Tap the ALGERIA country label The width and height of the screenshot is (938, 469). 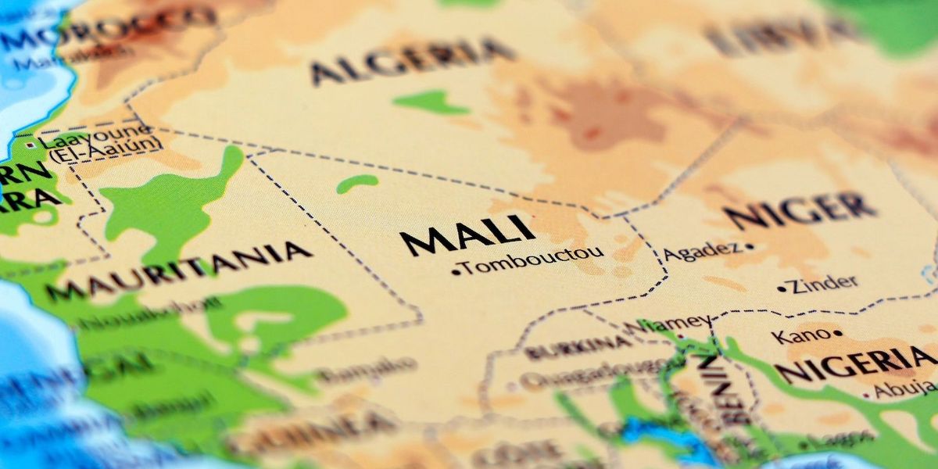click(412, 61)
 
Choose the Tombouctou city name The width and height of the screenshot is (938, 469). click(532, 262)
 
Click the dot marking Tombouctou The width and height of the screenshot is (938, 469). click(456, 271)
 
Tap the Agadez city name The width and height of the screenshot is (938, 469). click(700, 251)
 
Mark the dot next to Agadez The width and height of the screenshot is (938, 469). click(749, 246)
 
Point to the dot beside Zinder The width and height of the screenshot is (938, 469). click(781, 289)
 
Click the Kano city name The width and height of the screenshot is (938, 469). click(799, 336)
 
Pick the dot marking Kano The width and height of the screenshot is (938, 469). click(837, 333)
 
